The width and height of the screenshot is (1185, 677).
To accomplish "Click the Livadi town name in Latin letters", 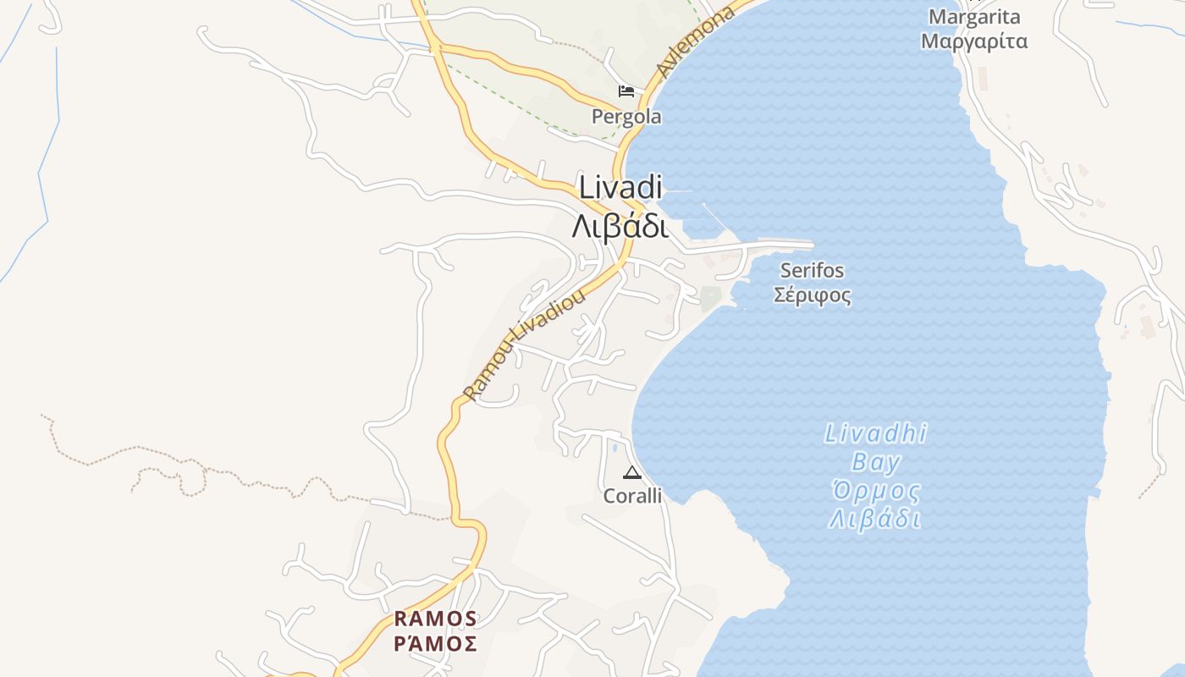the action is click(620, 188).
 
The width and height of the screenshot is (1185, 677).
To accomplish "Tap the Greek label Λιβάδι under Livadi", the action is click(620, 227).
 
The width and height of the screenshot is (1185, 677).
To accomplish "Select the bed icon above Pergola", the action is click(626, 91).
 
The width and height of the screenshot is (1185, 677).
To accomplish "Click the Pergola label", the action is click(626, 117).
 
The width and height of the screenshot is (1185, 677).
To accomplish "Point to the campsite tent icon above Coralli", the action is click(631, 472).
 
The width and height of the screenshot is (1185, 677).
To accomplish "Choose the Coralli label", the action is click(632, 497).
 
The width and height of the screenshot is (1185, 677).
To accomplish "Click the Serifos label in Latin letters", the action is click(813, 271).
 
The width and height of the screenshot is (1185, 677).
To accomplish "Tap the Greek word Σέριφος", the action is click(813, 295).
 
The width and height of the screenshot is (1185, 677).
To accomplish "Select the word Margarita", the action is click(974, 17).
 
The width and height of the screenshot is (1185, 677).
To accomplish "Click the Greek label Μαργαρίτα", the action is click(974, 41).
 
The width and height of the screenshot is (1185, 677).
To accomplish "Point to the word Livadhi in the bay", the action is click(876, 435).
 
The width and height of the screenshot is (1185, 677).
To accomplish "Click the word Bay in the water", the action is click(876, 463).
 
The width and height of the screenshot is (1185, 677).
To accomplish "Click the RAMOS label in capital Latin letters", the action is click(436, 619).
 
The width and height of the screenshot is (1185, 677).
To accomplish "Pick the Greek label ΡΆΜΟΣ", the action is click(436, 644).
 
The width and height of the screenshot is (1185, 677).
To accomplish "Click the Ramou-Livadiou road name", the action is click(525, 344).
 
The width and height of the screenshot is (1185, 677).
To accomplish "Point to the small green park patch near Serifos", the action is click(710, 297).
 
